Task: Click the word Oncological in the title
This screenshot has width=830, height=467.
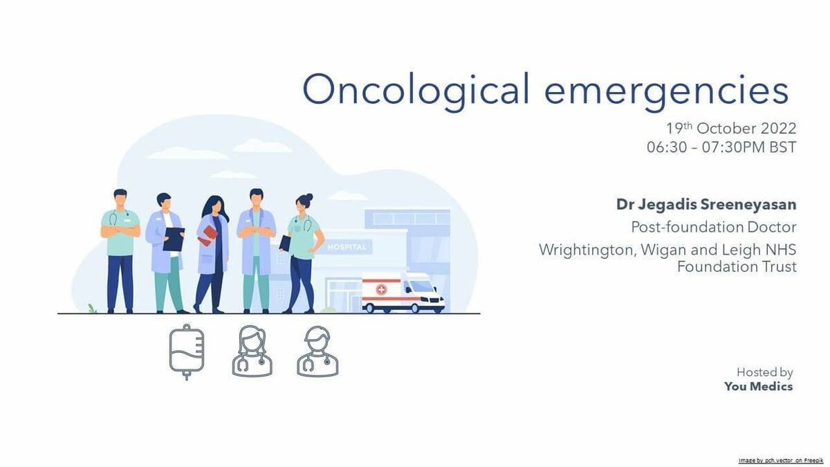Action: tap(416, 91)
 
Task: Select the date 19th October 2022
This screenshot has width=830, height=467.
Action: tap(731, 128)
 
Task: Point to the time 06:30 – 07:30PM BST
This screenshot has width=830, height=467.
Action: tap(721, 147)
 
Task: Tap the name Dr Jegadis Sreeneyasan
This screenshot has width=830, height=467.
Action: tap(706, 205)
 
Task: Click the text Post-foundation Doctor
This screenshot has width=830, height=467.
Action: tap(714, 227)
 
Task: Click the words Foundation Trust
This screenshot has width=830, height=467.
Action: tap(737, 266)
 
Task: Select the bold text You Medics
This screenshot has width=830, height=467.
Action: tap(759, 387)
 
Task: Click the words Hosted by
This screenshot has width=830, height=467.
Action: tap(764, 372)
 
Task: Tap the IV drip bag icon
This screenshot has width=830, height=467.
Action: tap(186, 351)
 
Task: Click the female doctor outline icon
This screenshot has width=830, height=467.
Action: tap(252, 351)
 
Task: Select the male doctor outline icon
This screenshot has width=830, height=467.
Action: tap(317, 351)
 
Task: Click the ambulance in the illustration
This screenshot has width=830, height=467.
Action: tap(403, 293)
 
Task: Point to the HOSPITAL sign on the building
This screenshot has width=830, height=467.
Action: tap(347, 247)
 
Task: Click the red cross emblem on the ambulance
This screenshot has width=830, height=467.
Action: tap(381, 289)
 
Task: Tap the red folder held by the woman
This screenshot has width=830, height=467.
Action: tap(207, 236)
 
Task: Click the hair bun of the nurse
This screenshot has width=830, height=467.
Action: tap(309, 197)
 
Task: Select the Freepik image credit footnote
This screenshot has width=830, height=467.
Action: tap(781, 460)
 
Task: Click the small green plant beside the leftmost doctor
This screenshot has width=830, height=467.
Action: tap(92, 309)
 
